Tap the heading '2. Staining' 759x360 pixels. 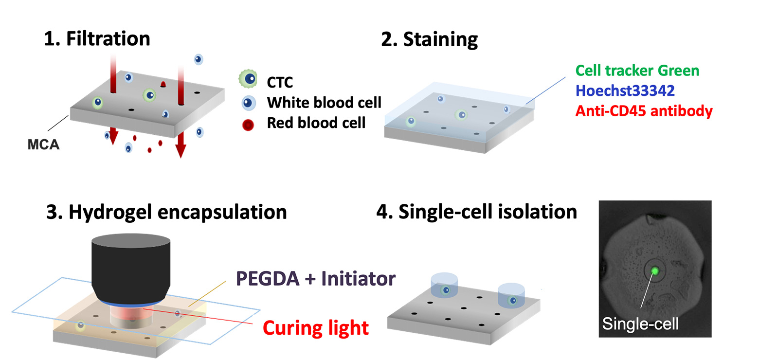pos(430,39)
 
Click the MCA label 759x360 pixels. pos(43,144)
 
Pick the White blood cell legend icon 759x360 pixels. pos(249,103)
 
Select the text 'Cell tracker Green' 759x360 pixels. pos(637,71)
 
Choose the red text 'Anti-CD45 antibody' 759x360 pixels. pos(644,111)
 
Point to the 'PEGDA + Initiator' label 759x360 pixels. pos(316,279)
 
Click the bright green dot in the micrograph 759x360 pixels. pos(655,271)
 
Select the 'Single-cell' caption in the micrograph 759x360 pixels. pos(640,324)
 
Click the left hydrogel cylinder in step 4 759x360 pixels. pos(445,286)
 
